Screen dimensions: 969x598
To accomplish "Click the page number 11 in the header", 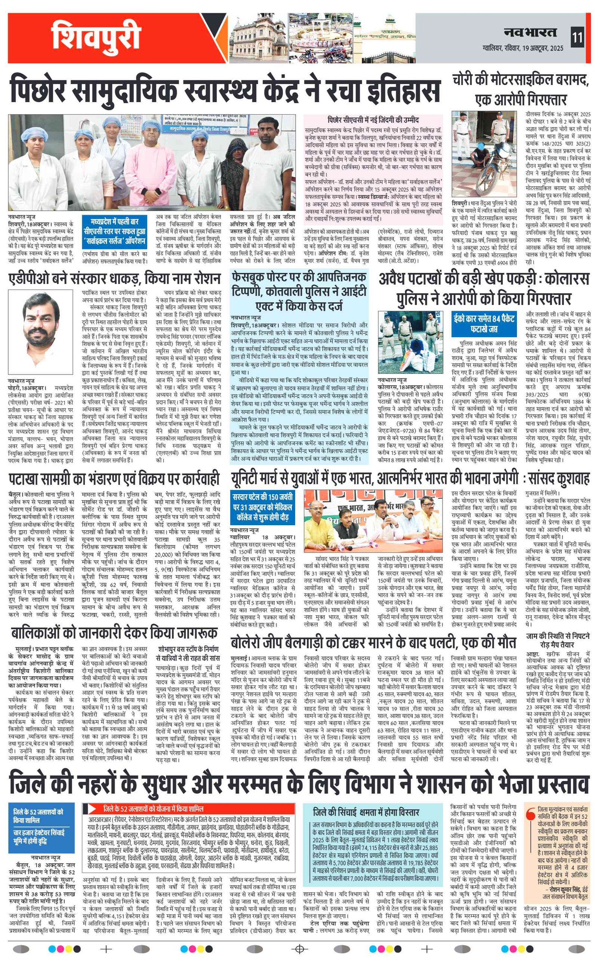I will (577, 38).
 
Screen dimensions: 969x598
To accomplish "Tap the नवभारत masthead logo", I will (530, 33).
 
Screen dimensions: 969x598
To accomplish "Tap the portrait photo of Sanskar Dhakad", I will (40, 331).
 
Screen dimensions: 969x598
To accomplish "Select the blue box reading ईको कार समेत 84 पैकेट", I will (484, 323).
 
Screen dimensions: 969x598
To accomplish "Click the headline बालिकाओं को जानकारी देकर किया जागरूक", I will (114, 633).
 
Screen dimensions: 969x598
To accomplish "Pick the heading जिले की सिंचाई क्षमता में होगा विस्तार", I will (366, 812).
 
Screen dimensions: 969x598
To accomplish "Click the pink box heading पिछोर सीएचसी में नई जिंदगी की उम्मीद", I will (373, 120).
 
